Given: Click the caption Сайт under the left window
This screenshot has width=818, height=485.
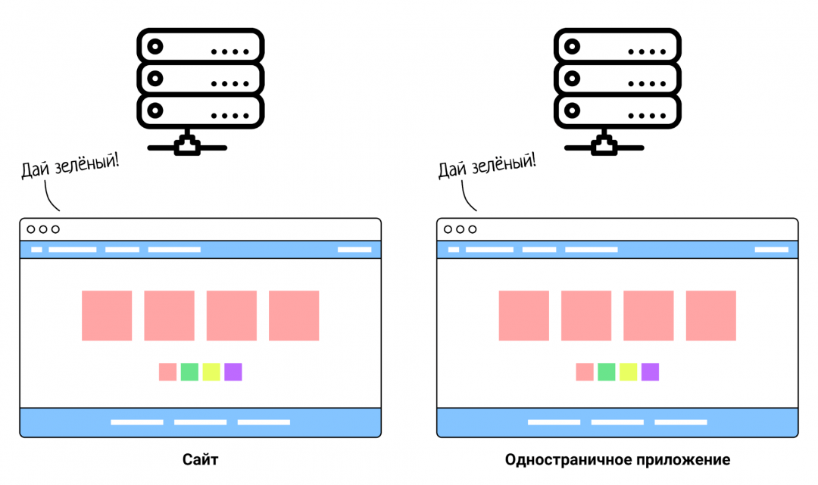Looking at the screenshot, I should coord(200,460).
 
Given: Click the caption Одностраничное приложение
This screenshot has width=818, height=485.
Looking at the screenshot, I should coord(617,460).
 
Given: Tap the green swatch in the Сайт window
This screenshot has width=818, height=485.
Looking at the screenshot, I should coord(189,372).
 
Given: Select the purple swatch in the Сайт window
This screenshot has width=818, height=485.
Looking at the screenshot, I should coord(233,372).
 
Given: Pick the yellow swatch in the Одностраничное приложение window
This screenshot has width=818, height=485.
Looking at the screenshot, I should coord(628,372).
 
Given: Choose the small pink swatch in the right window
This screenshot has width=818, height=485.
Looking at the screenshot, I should coord(585,372).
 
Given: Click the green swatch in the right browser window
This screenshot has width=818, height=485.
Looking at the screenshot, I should coord(607,372).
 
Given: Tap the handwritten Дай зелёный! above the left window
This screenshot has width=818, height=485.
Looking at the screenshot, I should coord(70,165).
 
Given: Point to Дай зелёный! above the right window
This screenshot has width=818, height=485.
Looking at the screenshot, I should coord(487,165).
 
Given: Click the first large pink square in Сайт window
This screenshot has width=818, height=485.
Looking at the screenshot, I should coord(107,316).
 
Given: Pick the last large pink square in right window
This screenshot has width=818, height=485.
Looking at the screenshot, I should coord(710,316).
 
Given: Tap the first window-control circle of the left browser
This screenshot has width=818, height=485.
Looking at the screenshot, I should coord(31,229).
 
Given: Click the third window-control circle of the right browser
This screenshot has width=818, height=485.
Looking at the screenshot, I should coord(473,229).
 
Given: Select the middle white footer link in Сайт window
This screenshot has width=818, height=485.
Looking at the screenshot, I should coord(200,422).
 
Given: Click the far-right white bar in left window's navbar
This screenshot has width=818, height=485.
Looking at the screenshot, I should coord(354,250).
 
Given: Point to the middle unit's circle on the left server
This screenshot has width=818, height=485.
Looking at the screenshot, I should coord(155,79).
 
